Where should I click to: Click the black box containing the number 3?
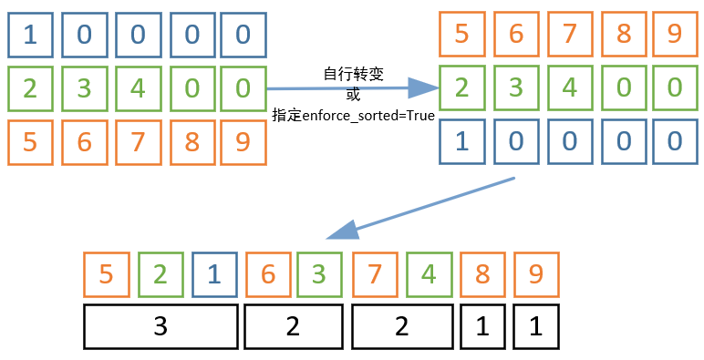point(160,327)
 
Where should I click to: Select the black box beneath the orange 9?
point(535,327)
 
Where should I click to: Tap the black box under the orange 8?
point(481,327)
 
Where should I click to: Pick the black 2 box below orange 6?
point(293,327)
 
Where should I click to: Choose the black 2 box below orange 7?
point(401,327)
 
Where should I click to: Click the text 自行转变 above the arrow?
point(352,73)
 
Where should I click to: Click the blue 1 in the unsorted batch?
point(30,35)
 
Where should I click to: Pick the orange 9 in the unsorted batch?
point(242,141)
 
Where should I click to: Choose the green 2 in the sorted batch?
point(461,88)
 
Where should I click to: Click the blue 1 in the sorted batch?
point(461,141)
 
